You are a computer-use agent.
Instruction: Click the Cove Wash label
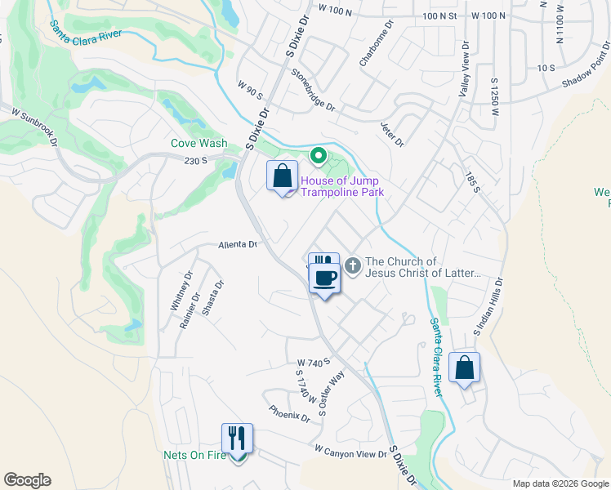198,143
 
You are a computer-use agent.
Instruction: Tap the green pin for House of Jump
318,155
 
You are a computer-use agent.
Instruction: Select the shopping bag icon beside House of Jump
282,176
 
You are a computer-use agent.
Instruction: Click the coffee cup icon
323,278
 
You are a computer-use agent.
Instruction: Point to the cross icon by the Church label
353,266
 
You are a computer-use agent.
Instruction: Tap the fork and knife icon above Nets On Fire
238,439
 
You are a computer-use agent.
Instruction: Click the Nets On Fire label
194,455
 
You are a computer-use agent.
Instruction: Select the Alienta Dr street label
238,244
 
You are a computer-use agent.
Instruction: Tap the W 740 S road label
313,362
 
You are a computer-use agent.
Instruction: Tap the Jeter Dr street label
392,132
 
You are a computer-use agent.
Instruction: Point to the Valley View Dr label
464,71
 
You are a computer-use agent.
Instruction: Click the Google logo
27,480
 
